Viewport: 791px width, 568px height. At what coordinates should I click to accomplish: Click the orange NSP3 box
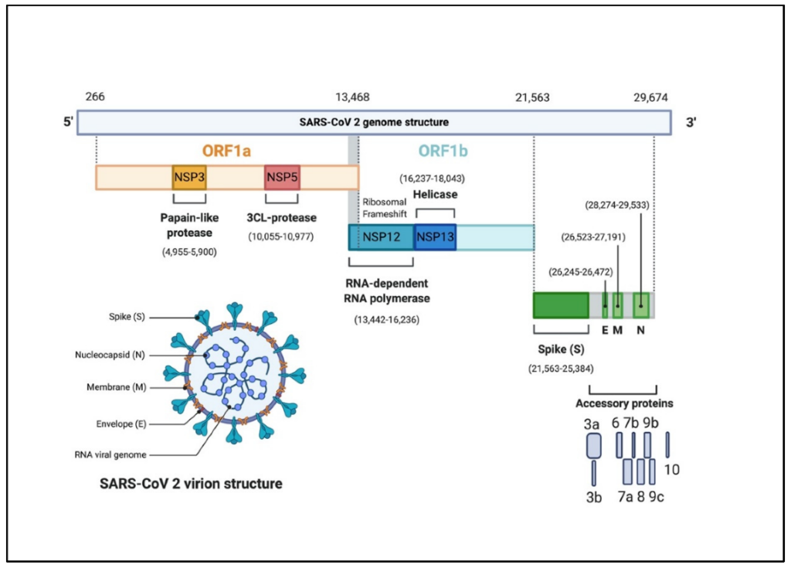(188, 177)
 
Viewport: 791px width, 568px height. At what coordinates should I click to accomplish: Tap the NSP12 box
(382, 237)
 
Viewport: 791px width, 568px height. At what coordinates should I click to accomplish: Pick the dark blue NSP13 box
(435, 237)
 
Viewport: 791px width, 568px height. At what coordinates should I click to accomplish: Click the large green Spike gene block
(561, 305)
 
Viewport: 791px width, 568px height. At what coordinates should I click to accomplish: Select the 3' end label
(692, 122)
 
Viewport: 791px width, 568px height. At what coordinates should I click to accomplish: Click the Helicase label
(436, 195)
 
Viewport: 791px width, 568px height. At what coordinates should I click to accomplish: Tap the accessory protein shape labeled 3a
(593, 445)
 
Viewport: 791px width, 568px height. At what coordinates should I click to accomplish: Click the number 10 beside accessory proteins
(671, 468)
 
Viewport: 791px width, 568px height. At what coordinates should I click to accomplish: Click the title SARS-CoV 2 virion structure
(190, 484)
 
